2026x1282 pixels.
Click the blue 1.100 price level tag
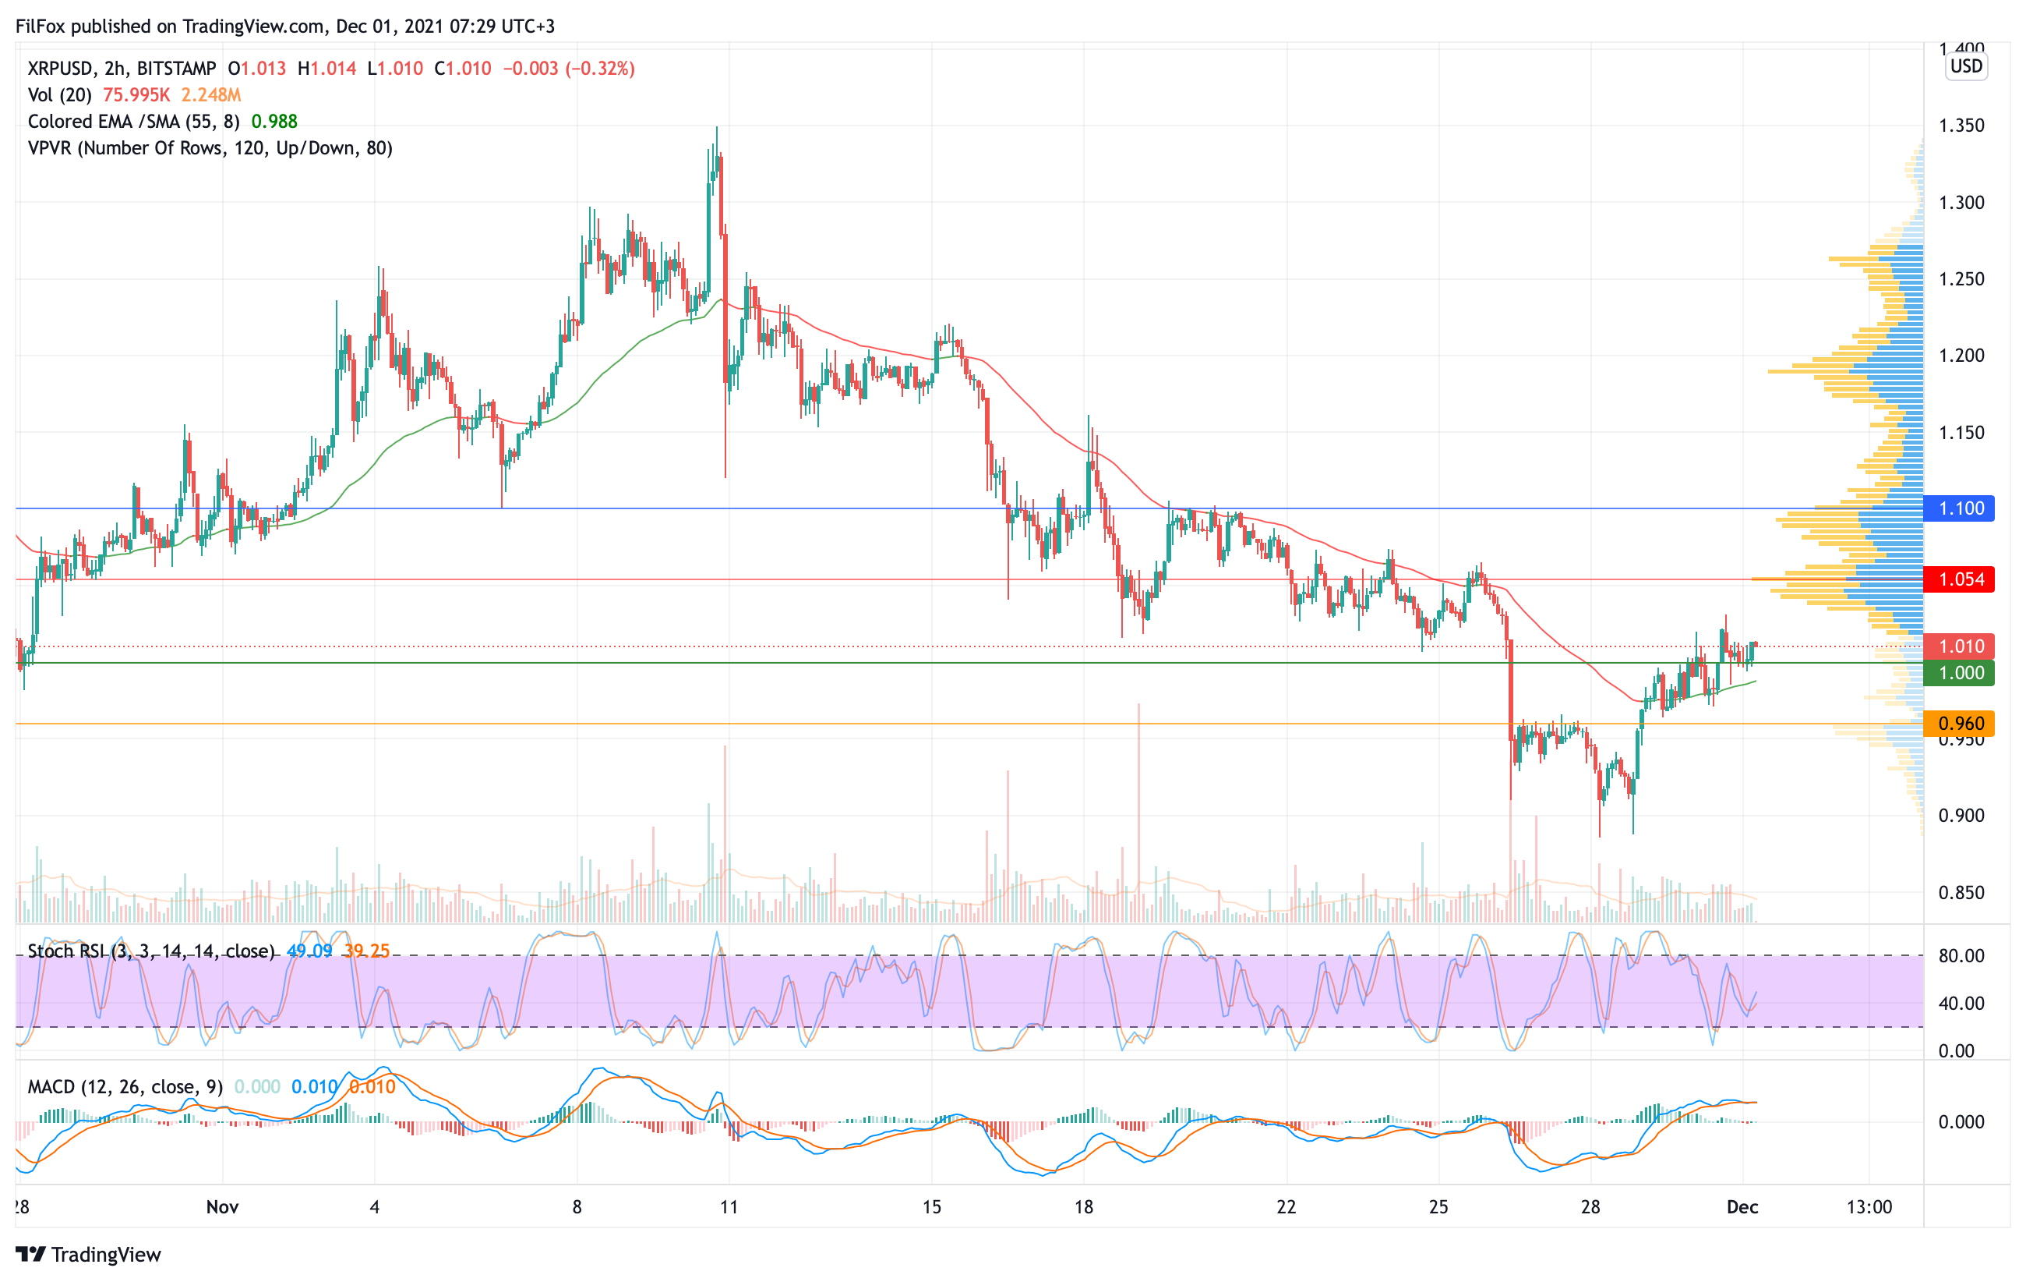click(1960, 508)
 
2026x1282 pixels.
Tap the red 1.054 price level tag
click(1960, 579)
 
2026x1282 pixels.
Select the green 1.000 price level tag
click(1960, 672)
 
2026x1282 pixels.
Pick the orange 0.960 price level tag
click(1960, 723)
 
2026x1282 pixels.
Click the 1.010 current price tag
click(1960, 646)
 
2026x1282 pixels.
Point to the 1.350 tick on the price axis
click(1961, 126)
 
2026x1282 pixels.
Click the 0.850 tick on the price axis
click(1961, 892)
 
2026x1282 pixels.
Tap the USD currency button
click(1966, 66)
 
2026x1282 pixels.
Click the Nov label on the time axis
click(222, 1206)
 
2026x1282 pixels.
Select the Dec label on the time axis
click(1742, 1206)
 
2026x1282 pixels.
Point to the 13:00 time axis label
click(1869, 1206)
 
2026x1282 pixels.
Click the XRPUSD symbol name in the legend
click(60, 68)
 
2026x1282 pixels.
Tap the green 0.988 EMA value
click(274, 121)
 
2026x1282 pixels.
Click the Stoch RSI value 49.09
click(309, 951)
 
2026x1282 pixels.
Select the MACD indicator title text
click(125, 1087)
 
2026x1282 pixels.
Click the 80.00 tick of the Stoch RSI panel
click(1961, 955)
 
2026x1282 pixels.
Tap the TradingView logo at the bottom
click(88, 1254)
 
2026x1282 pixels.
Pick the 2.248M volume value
click(210, 95)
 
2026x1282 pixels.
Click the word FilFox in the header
click(41, 26)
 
